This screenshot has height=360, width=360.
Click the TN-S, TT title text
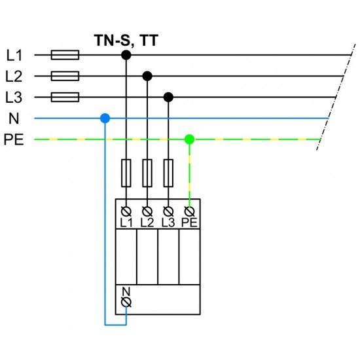click(x=124, y=41)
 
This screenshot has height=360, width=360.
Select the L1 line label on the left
click(x=14, y=56)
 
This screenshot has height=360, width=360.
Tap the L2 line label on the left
click(x=14, y=77)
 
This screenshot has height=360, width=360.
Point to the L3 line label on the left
click(x=14, y=98)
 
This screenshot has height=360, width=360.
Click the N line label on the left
click(x=14, y=118)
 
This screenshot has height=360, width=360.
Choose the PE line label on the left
click(x=14, y=139)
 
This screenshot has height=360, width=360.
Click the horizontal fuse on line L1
click(x=65, y=56)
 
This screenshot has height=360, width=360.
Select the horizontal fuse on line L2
click(x=65, y=77)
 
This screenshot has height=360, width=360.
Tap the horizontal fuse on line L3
click(x=65, y=98)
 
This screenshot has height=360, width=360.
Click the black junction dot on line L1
click(x=126, y=56)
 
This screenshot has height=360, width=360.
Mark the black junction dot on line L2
click(x=147, y=77)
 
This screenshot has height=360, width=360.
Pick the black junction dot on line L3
click(x=168, y=98)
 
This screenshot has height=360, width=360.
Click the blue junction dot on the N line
click(x=105, y=118)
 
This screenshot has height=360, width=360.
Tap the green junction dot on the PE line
click(x=189, y=139)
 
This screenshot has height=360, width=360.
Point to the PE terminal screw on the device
click(x=189, y=211)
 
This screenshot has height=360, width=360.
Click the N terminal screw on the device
click(x=126, y=302)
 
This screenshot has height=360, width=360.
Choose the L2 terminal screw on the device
click(x=147, y=211)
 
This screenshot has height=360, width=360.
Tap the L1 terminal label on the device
click(x=126, y=223)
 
